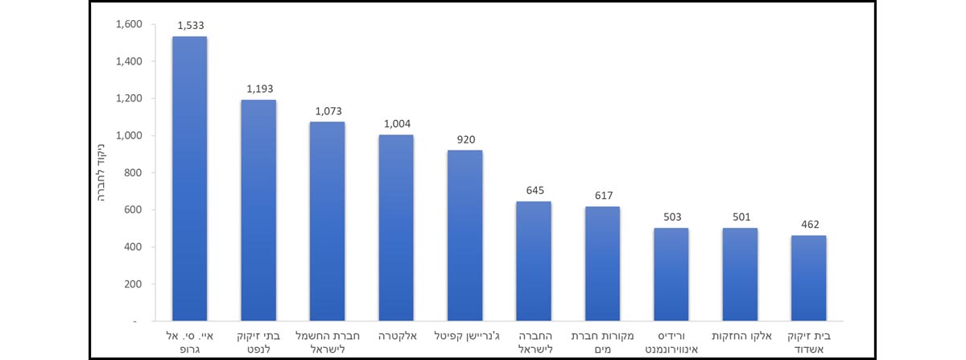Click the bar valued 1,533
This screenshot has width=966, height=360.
pyautogui.click(x=190, y=178)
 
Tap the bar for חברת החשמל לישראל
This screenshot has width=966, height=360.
pyautogui.click(x=327, y=221)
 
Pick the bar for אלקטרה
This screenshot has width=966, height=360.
pyautogui.click(x=396, y=227)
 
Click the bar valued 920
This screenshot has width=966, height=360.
pyautogui.click(x=464, y=235)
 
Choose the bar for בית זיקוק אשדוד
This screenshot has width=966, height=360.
pyautogui.click(x=808, y=278)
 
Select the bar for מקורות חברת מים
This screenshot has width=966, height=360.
pyautogui.click(x=602, y=263)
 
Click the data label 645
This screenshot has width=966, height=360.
pyautogui.click(x=534, y=192)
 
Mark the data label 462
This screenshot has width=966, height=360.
pyautogui.click(x=808, y=226)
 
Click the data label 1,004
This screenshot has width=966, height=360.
pyautogui.click(x=396, y=125)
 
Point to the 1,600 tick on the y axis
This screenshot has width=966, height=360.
pyautogui.click(x=128, y=25)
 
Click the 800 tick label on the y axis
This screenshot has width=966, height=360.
pyautogui.click(x=134, y=173)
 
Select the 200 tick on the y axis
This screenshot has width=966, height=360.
pyautogui.click(x=134, y=284)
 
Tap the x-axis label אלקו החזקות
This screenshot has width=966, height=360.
pyautogui.click(x=740, y=333)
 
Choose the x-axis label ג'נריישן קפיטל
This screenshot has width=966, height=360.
pyautogui.click(x=464, y=333)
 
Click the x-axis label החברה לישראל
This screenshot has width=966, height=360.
pyautogui.click(x=534, y=339)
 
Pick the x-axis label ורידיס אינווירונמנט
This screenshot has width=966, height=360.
pyautogui.click(x=671, y=339)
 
